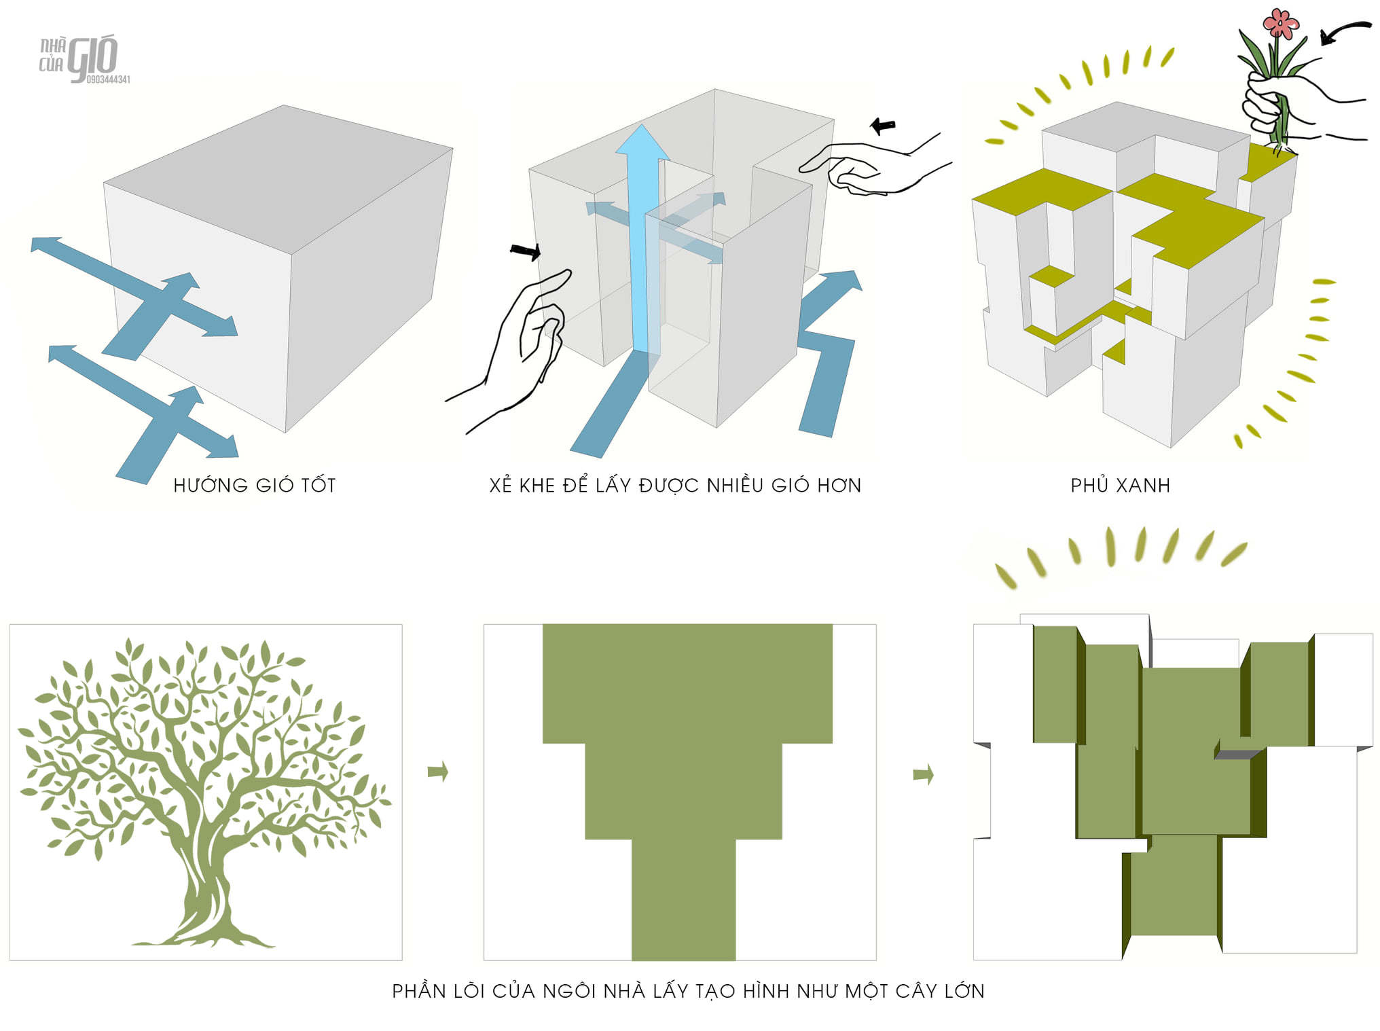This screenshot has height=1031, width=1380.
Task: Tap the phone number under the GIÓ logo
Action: point(109,79)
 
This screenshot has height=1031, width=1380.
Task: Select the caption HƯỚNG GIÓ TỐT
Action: point(255,485)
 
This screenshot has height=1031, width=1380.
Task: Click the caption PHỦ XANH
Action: point(1121,485)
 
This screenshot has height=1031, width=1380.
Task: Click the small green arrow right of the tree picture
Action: point(438,772)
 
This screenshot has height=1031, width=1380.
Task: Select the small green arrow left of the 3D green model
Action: point(924,774)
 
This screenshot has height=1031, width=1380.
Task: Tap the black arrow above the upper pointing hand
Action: point(883,126)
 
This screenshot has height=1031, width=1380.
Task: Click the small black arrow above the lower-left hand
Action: point(526,251)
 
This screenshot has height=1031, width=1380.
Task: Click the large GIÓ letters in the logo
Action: point(94,58)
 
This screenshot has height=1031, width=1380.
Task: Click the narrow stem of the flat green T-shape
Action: point(683,899)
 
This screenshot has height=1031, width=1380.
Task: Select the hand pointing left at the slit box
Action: point(876,166)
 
